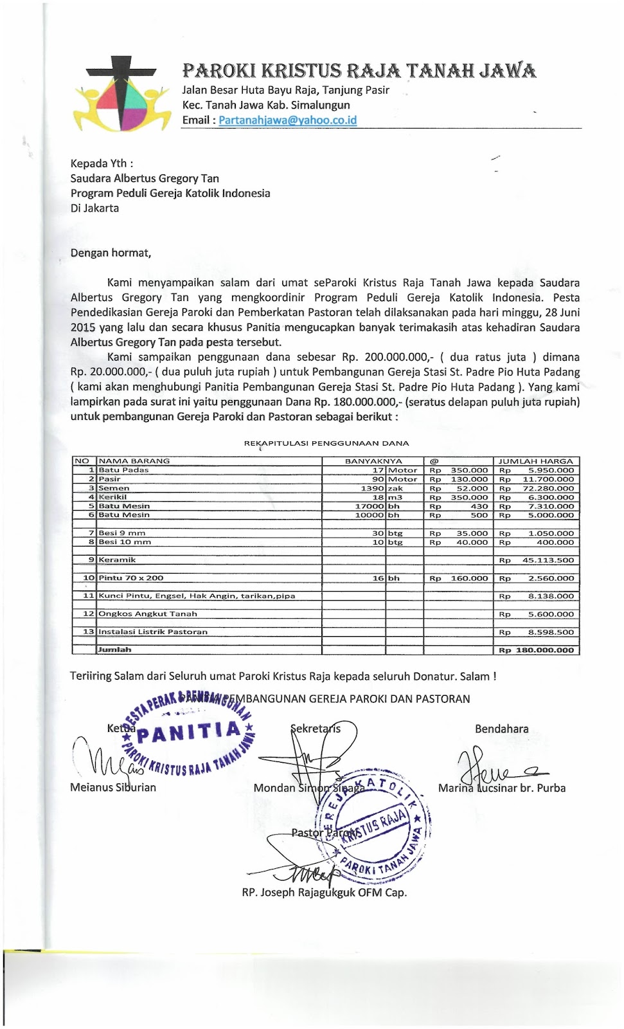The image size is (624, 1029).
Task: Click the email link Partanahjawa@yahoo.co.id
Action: click(287, 120)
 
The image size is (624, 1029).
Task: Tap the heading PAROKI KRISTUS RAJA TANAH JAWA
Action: click(359, 70)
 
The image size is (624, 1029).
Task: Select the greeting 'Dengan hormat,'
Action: click(111, 253)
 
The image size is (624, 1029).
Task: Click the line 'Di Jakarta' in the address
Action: click(94, 208)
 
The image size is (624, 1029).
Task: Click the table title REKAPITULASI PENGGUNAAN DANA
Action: click(326, 443)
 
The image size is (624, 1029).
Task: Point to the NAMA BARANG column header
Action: click(134, 461)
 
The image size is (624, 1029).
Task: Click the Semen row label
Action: click(114, 488)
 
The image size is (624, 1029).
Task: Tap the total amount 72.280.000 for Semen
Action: click(548, 488)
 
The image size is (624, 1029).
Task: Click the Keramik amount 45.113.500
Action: click(548, 560)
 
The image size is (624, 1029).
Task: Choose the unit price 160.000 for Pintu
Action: click(468, 578)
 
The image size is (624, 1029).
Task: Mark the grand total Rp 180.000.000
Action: click(537, 650)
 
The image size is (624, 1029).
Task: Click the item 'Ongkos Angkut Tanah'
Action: click(148, 614)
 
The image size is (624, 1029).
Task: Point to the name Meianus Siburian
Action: click(113, 787)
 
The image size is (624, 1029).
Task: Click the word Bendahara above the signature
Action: click(501, 729)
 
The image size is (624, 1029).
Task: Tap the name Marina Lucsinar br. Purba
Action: click(502, 788)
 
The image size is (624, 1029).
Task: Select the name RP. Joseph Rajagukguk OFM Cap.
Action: click(324, 892)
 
